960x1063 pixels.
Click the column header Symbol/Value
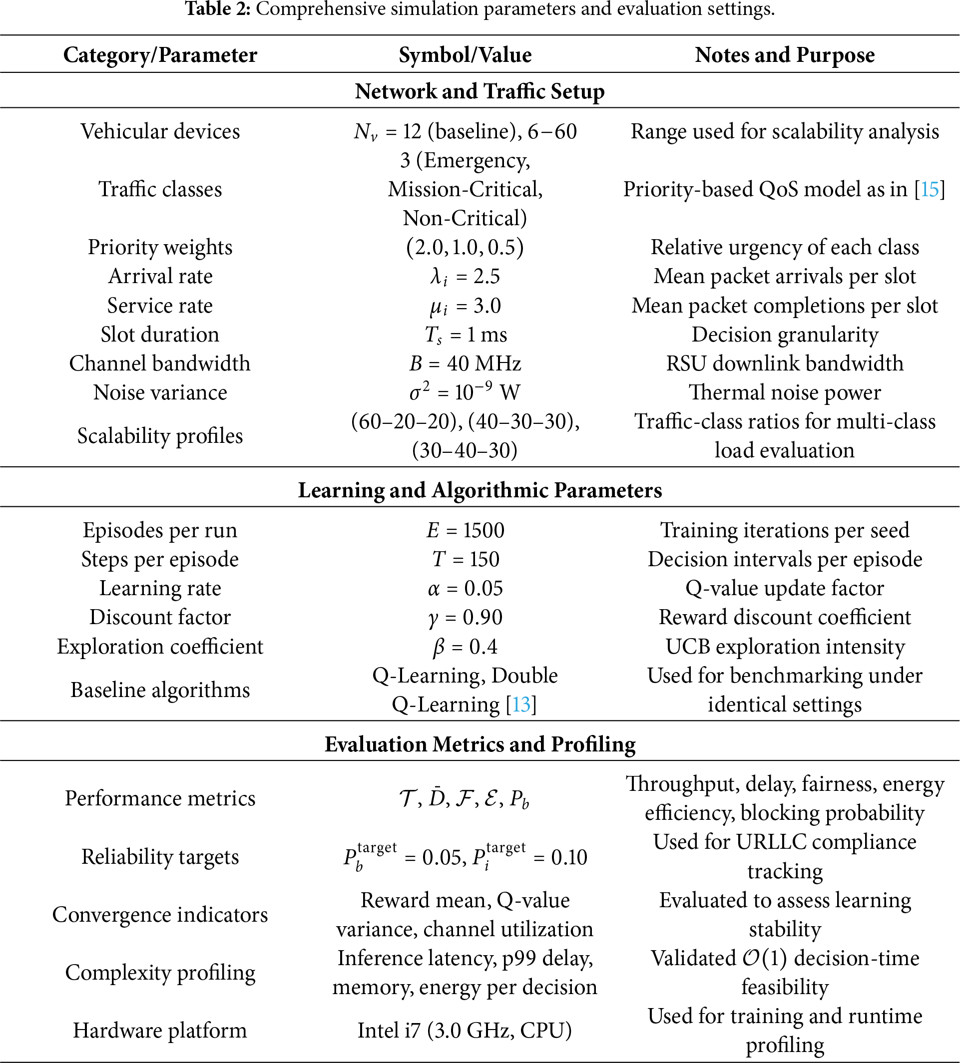click(x=465, y=55)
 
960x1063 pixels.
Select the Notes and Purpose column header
click(x=784, y=55)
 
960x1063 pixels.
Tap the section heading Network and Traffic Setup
click(x=480, y=91)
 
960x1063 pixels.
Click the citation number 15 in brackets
click(x=930, y=189)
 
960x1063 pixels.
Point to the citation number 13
click(x=521, y=705)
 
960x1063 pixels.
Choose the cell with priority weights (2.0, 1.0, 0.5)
click(x=465, y=247)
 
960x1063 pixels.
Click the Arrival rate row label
click(x=160, y=276)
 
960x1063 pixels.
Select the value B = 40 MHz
click(x=465, y=363)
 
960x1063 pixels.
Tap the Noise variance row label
click(x=160, y=392)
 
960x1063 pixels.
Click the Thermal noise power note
click(x=784, y=392)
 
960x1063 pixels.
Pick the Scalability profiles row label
click(x=160, y=436)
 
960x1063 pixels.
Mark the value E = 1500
click(x=465, y=530)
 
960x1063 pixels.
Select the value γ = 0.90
click(x=465, y=618)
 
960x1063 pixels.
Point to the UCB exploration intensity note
click(x=784, y=647)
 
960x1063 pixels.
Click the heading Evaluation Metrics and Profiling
click(x=480, y=744)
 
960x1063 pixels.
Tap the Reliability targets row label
click(x=160, y=857)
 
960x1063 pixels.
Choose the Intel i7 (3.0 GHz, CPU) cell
click(x=465, y=1031)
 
